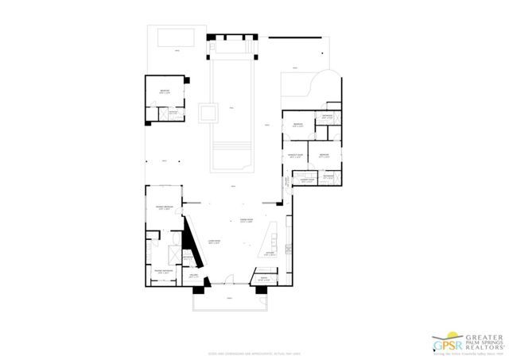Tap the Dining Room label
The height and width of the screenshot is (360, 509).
(x=246, y=220)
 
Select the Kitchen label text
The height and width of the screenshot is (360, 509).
(x=269, y=254)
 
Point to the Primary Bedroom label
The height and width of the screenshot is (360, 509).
(x=164, y=206)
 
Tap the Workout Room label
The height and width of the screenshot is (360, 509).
(x=297, y=156)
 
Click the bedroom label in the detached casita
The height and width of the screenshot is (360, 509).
(x=165, y=93)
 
